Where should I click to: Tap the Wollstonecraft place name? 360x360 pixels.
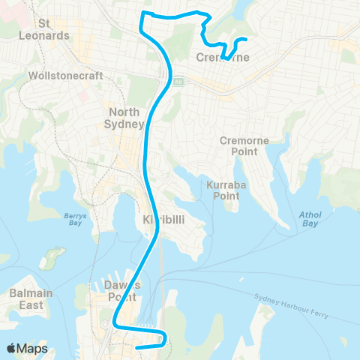pyautogui.click(x=59, y=76)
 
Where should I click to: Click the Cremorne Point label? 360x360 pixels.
pyautogui.click(x=239, y=146)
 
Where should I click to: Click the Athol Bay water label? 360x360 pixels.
pyautogui.click(x=309, y=218)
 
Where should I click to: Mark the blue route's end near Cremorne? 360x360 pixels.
pyautogui.click(x=246, y=39)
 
